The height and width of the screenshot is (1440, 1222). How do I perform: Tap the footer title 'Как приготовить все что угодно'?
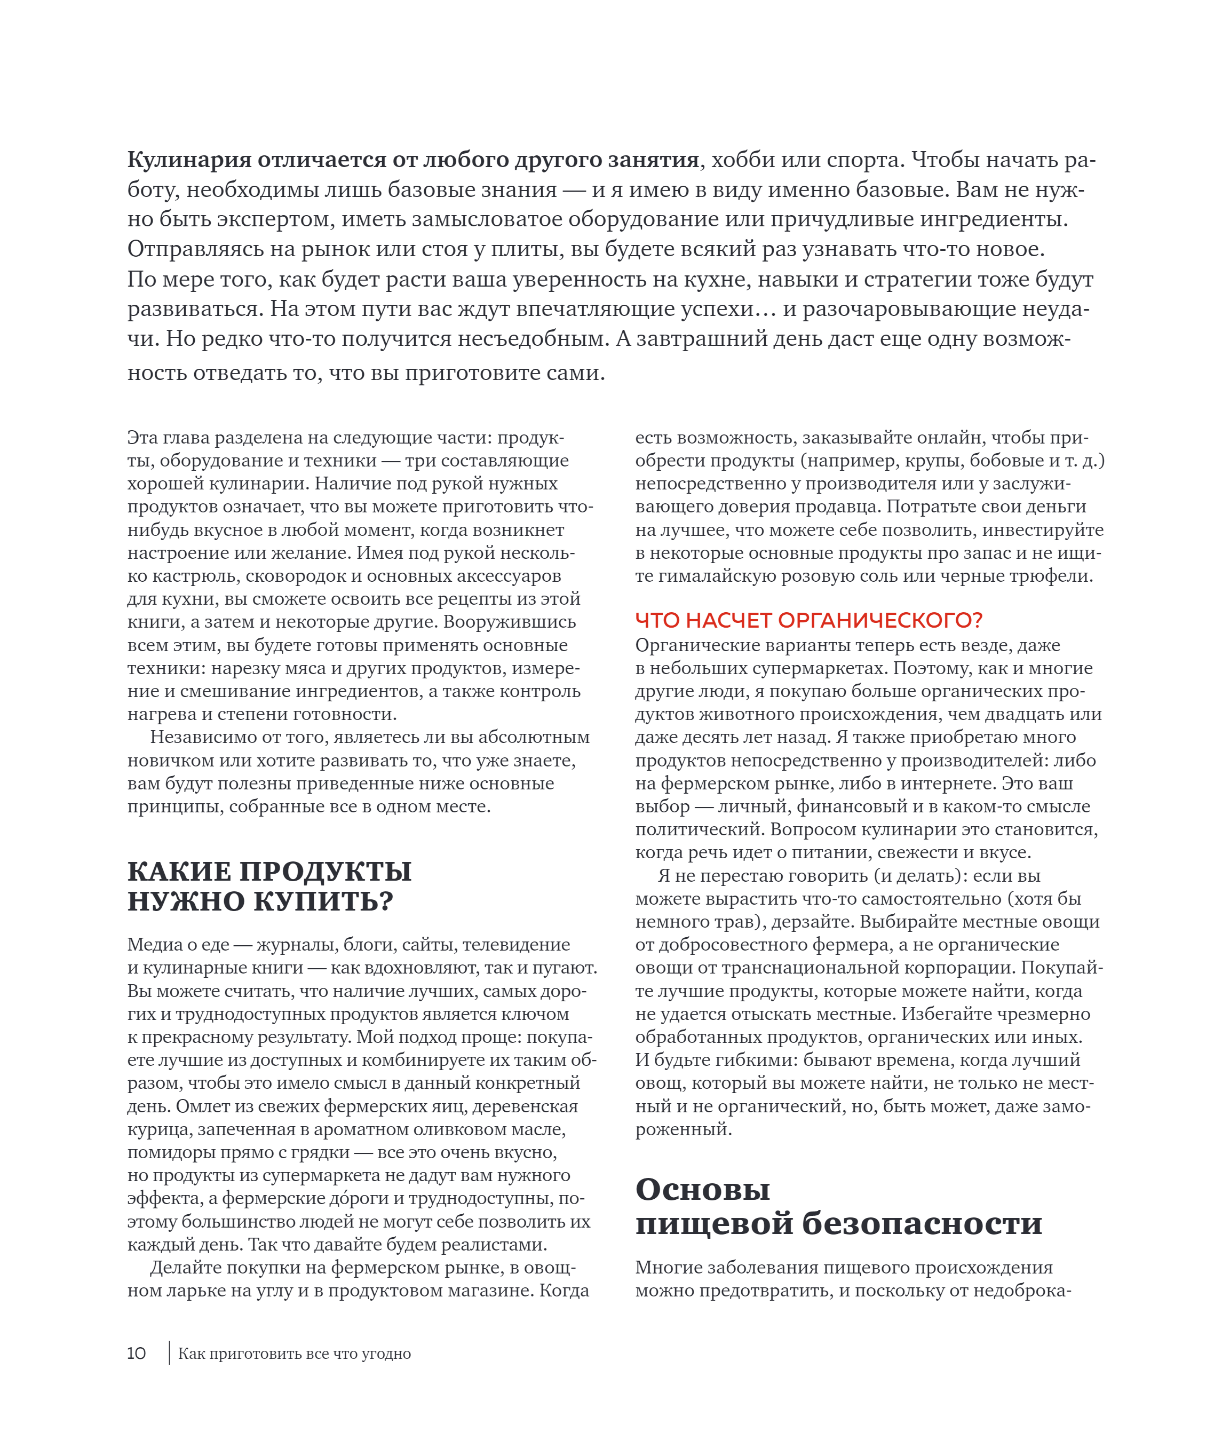295,1354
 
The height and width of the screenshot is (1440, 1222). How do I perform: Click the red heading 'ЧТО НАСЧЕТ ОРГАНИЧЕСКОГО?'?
808,620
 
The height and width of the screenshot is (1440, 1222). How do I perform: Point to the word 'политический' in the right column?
699,829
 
